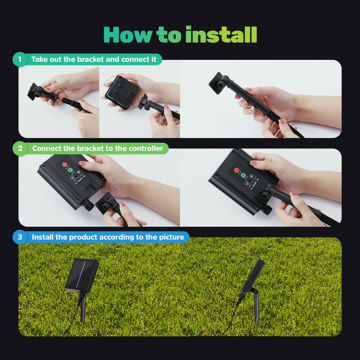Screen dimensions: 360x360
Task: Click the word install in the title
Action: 221,35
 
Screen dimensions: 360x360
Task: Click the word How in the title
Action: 127,35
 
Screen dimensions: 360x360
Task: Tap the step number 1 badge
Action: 20,59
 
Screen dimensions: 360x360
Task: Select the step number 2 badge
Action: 20,148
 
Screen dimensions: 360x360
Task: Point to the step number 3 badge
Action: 20,237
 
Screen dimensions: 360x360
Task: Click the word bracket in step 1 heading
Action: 90,59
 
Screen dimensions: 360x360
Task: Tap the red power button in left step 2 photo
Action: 65,165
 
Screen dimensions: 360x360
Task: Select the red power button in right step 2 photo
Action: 237,170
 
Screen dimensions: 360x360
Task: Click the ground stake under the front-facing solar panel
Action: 83,309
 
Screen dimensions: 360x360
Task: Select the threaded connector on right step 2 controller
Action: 268,209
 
